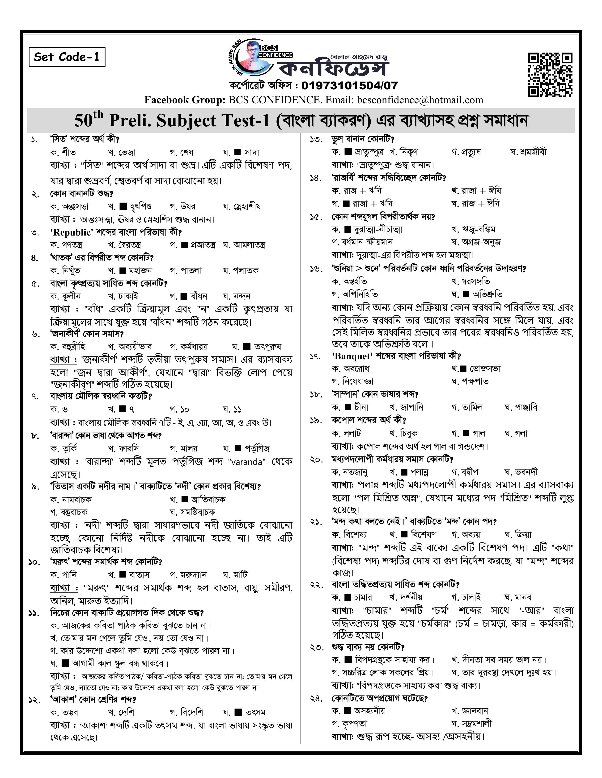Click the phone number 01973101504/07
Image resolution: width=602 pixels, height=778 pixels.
(x=349, y=86)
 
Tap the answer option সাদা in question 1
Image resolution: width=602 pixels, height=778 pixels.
(x=251, y=153)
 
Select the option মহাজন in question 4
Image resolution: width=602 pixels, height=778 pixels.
(x=140, y=271)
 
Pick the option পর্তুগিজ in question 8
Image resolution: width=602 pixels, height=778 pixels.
(x=257, y=448)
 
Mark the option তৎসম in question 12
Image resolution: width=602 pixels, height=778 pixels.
(x=255, y=712)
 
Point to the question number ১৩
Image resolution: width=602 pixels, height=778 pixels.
(x=316, y=140)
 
